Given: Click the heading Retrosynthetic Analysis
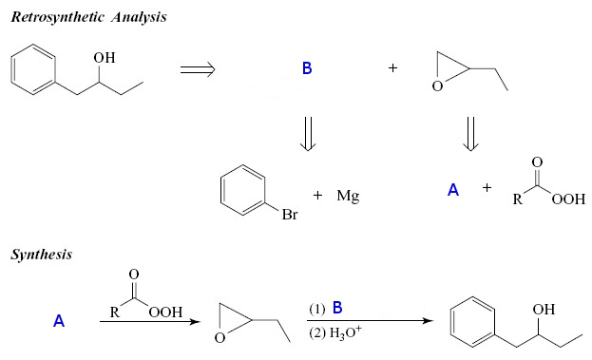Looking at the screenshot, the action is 89,18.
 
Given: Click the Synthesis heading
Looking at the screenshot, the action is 42,255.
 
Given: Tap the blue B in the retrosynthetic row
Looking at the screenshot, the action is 307,69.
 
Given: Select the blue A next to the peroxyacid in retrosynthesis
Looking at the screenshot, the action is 453,190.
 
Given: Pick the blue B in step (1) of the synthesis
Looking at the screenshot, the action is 336,307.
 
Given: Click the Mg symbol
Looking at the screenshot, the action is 347,196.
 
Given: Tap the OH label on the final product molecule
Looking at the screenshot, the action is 544,310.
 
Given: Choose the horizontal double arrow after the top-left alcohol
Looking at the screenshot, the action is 197,69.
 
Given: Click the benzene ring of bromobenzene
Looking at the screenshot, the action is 241,190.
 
